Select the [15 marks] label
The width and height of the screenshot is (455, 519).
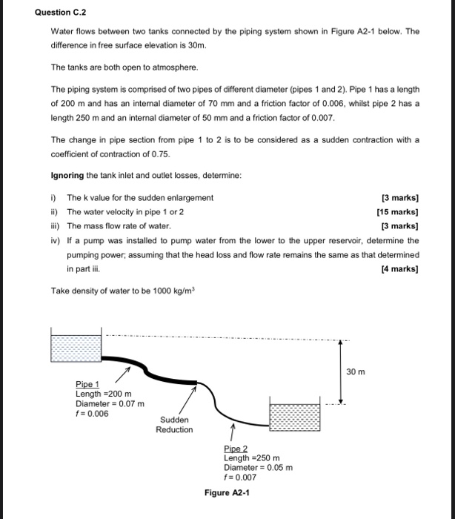(x=397, y=211)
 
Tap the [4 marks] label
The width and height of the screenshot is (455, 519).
(x=399, y=270)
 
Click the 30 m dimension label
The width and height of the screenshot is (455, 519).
(x=356, y=371)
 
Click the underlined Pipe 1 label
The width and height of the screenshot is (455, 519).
(x=87, y=384)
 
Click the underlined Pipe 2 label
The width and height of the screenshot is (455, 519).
(x=236, y=449)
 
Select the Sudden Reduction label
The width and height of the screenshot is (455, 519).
(x=174, y=425)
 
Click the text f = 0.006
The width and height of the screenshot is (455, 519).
(x=93, y=414)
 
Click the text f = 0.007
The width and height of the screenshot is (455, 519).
(x=240, y=477)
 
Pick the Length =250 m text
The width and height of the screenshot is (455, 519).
(x=250, y=458)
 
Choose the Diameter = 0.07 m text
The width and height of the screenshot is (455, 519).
(x=110, y=403)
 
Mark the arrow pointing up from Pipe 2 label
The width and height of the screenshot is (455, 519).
(x=231, y=432)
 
